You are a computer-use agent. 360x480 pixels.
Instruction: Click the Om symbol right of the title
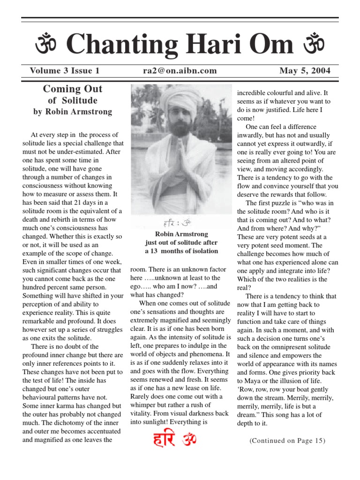314,45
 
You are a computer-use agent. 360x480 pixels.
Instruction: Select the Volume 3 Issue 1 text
65,71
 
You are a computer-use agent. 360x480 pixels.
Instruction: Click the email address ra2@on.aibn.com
180,71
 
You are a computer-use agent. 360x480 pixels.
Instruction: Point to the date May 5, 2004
305,71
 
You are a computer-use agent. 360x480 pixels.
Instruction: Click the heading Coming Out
72,89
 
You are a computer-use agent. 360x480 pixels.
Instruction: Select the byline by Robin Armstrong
72,112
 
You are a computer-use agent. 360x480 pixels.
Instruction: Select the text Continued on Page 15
287,441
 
